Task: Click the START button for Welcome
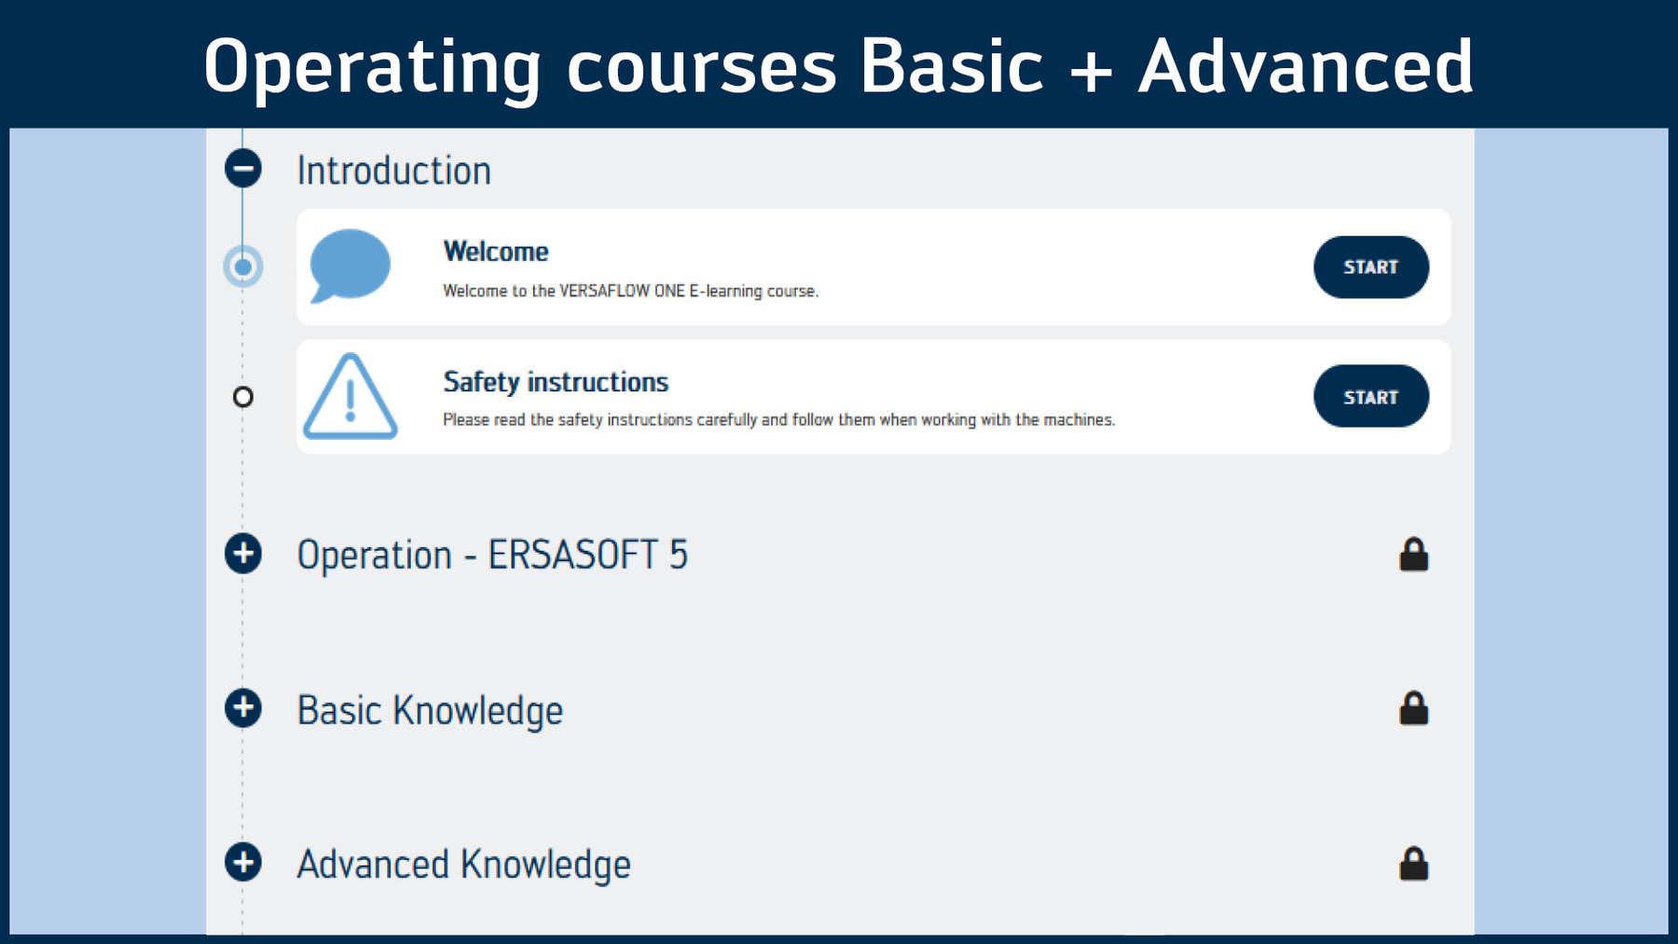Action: click(x=1370, y=267)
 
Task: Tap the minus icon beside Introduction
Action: click(x=243, y=169)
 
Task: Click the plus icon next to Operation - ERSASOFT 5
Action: click(x=243, y=554)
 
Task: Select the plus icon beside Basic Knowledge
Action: click(x=243, y=708)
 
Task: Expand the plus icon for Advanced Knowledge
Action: click(x=243, y=862)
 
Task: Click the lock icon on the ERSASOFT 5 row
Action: click(x=1413, y=554)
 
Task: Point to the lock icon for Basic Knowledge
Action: click(x=1413, y=708)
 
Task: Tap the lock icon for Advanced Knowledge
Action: click(x=1413, y=864)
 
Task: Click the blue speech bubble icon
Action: click(x=350, y=266)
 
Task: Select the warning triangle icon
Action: click(x=351, y=397)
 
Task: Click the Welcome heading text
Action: click(x=496, y=252)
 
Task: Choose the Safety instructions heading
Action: click(x=556, y=382)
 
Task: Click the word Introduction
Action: click(x=393, y=171)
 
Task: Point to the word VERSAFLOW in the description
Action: click(x=603, y=291)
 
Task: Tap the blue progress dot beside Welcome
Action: click(x=243, y=267)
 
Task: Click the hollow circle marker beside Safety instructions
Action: click(x=243, y=397)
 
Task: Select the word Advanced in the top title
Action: click(x=1306, y=66)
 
